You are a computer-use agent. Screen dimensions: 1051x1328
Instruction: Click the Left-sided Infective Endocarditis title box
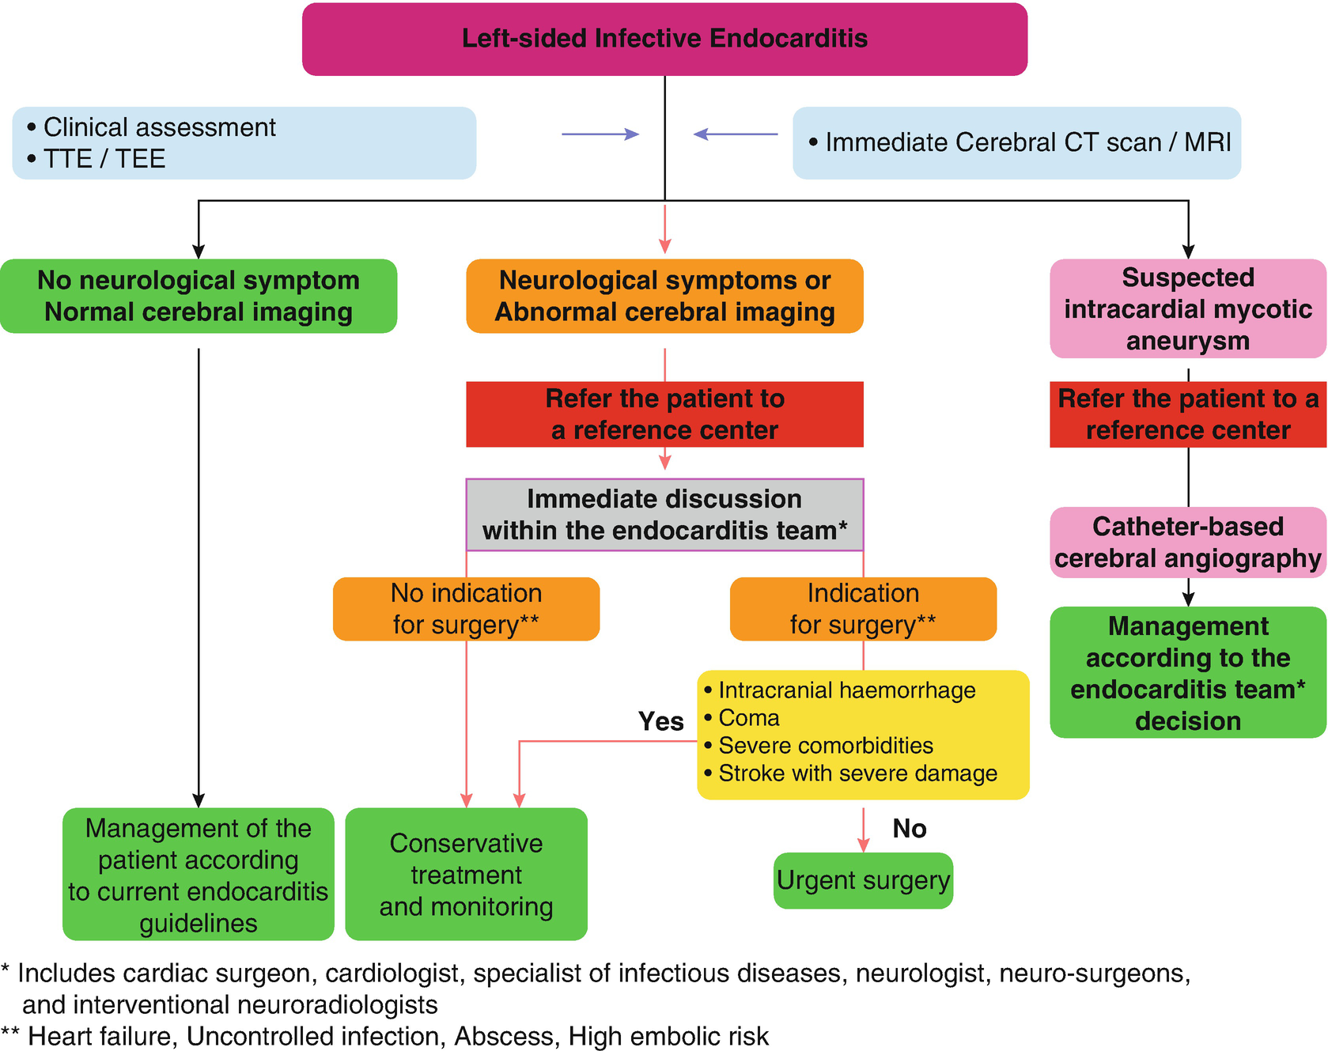tap(664, 39)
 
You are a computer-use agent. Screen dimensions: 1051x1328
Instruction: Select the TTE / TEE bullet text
tap(104, 159)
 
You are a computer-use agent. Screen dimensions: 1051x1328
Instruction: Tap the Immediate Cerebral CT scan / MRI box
tap(1016, 142)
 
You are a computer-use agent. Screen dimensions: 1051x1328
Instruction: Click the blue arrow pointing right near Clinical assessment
tap(600, 134)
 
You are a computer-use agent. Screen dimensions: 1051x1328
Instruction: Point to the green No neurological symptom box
tap(199, 296)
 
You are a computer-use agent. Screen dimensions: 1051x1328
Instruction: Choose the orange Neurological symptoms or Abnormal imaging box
tap(664, 296)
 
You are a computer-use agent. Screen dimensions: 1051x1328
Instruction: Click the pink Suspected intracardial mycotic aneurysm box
tap(1188, 308)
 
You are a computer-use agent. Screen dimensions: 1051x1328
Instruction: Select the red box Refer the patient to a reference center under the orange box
tap(664, 414)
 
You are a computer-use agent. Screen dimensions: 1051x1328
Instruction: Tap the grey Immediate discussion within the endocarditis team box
tap(664, 515)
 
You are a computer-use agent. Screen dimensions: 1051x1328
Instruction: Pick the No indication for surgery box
tap(466, 609)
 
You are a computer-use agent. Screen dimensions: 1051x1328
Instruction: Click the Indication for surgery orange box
tap(863, 609)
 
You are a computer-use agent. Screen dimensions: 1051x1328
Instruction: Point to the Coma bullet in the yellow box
tap(748, 718)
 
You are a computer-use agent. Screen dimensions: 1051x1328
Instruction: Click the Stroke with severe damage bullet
tap(857, 773)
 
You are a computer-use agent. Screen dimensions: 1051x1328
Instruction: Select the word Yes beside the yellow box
tap(660, 721)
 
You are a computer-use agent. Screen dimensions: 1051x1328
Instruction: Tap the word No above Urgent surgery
tap(909, 829)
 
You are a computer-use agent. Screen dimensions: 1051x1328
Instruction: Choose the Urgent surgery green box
tap(863, 880)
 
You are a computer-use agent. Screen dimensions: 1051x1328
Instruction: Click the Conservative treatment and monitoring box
tap(466, 875)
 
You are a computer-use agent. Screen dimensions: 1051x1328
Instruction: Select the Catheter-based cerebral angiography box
tap(1188, 543)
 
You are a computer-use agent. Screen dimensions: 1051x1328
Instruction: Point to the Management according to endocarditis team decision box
tap(1188, 673)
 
